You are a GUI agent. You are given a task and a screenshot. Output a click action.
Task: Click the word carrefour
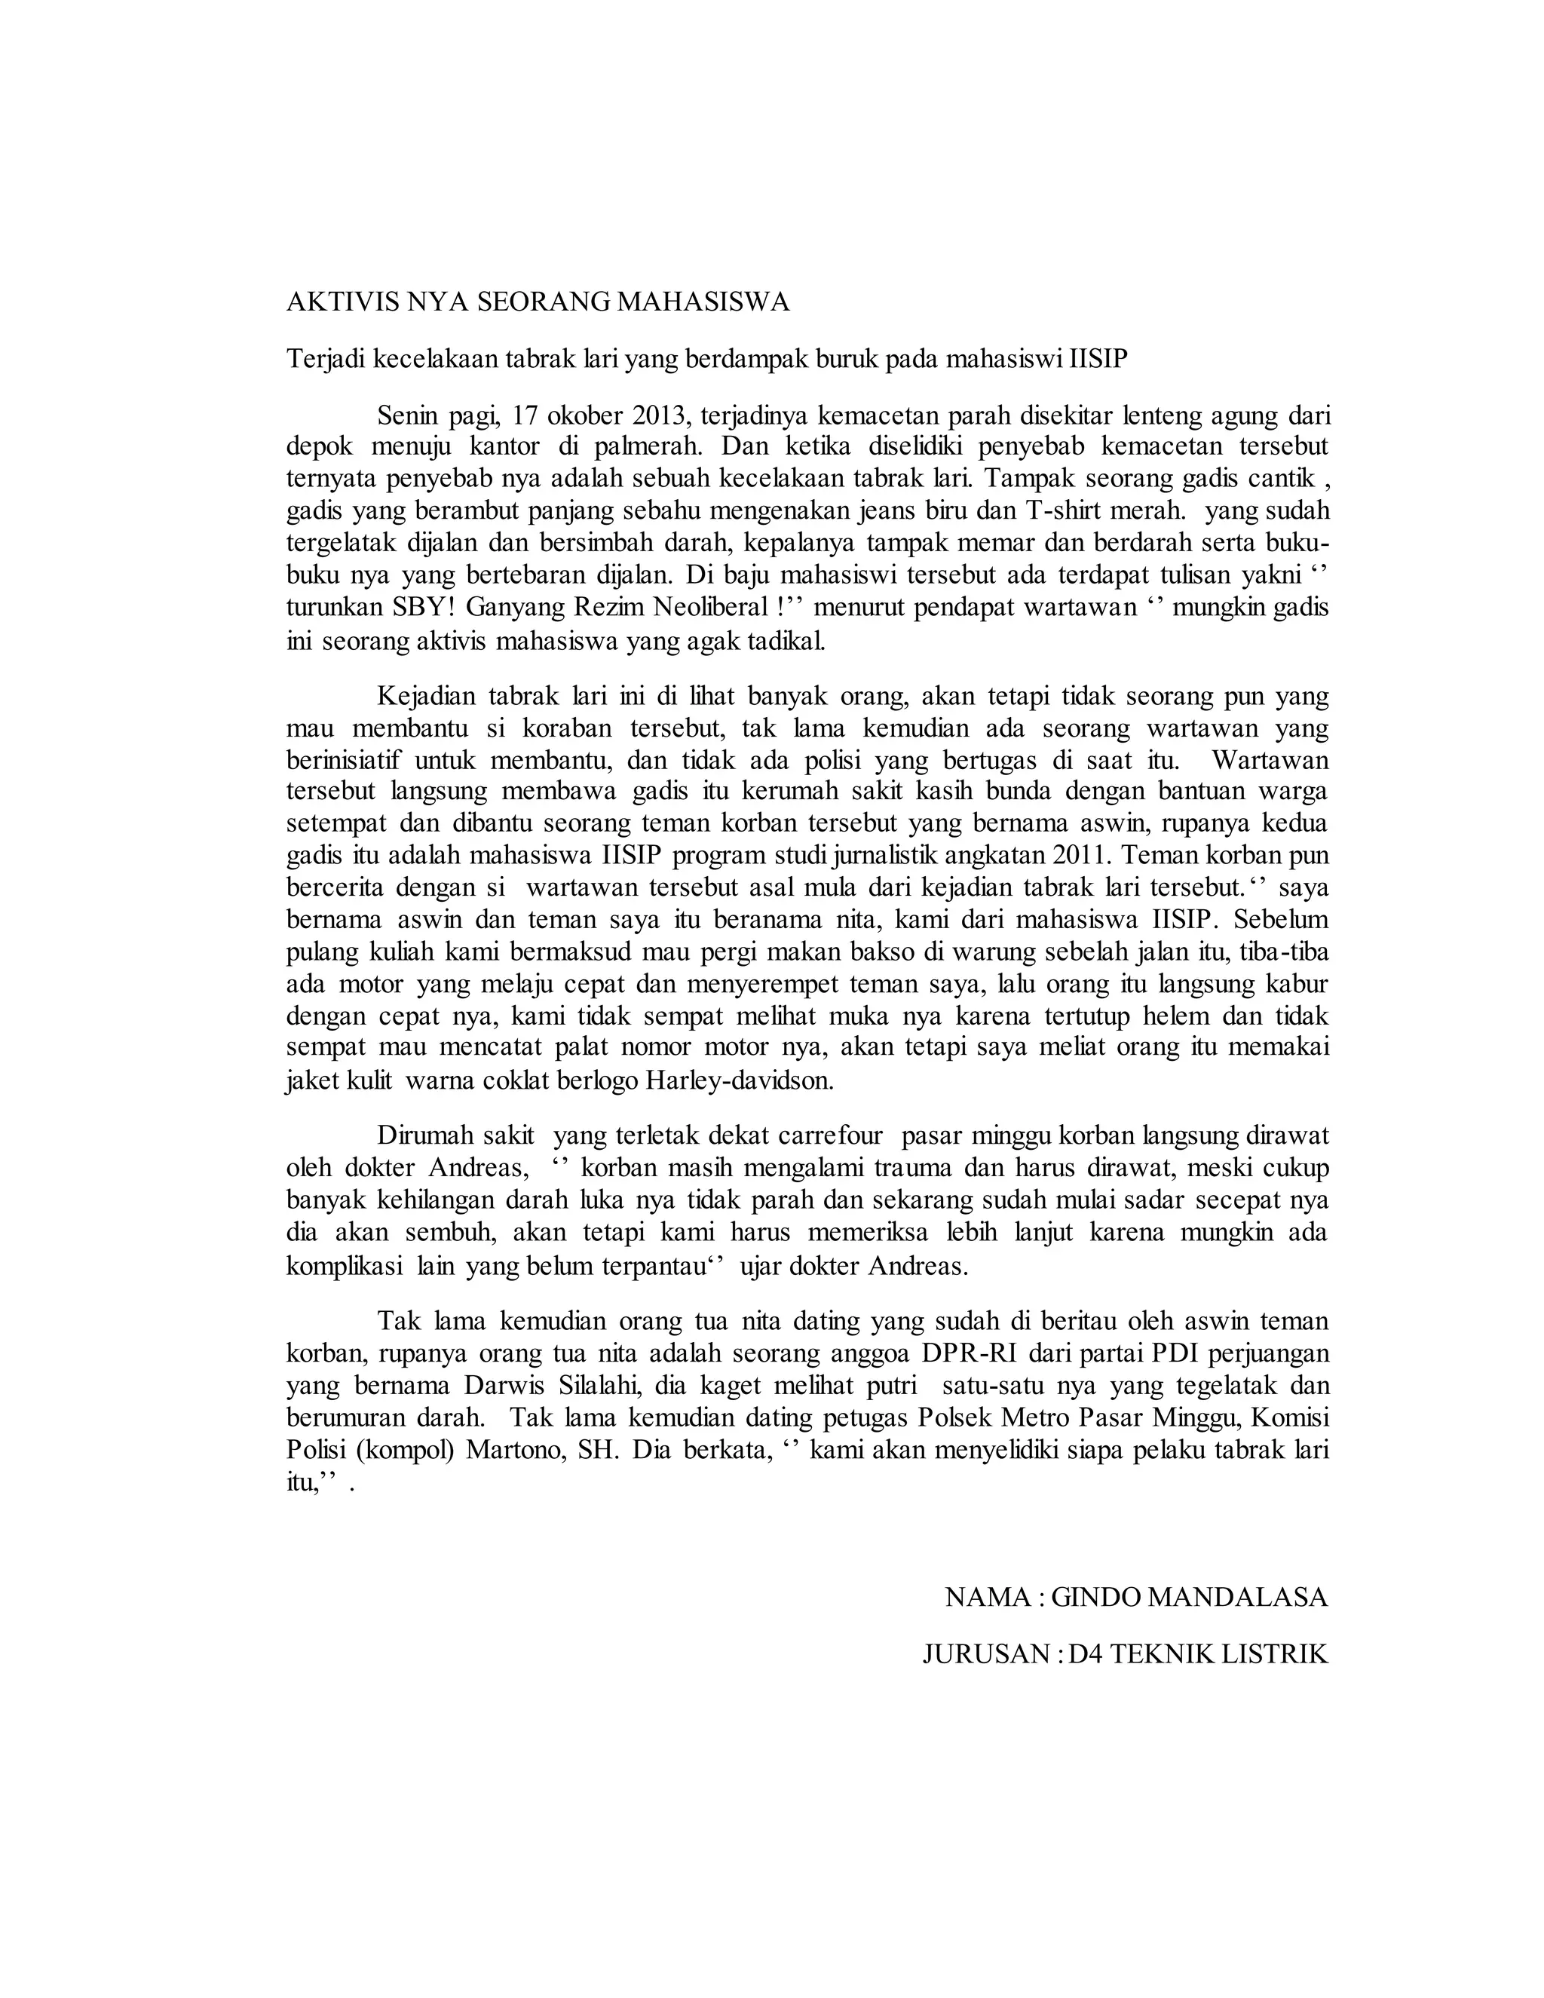tap(832, 1136)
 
